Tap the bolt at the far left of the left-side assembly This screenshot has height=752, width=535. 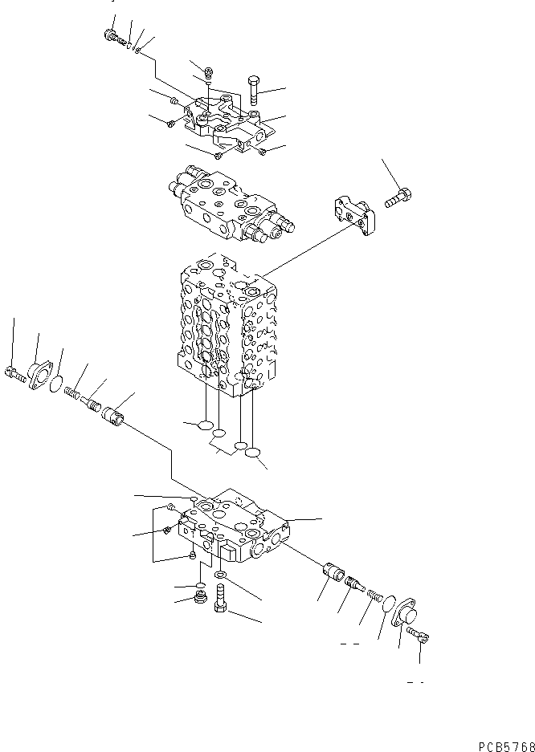[15, 372]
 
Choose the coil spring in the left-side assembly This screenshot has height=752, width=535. [73, 392]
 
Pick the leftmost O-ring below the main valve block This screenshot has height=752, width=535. [205, 425]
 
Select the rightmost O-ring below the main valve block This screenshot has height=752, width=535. [254, 453]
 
